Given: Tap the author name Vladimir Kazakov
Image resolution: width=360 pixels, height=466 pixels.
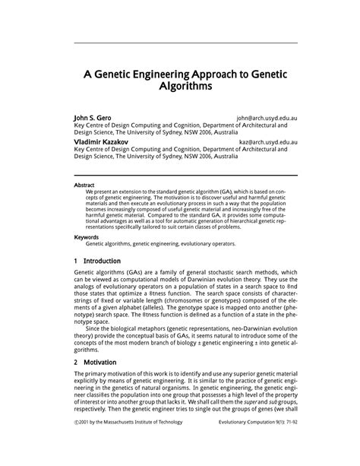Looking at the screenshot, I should (101, 141).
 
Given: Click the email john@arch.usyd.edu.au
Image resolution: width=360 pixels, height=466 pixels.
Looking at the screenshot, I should (267, 119).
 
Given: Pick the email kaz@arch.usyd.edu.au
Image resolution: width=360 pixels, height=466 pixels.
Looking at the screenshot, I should (268, 142).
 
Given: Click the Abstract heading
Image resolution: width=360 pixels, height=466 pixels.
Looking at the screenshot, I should (84, 185).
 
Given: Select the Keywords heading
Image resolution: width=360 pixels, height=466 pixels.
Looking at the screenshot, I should (87, 237).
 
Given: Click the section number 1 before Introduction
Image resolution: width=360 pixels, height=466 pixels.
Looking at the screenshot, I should (76, 261).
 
